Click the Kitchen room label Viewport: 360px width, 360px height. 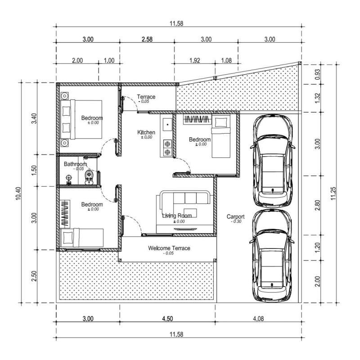click(146, 132)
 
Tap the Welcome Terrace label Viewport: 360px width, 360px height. click(169, 248)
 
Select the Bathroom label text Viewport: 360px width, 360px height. click(75, 164)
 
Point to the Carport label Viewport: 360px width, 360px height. click(235, 216)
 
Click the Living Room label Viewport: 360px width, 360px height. click(177, 216)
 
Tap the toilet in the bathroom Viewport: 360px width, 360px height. click(89, 177)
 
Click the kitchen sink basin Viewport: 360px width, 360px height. click(167, 125)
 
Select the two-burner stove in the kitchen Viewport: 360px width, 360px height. click(167, 148)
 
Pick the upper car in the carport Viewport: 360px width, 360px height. click(272, 161)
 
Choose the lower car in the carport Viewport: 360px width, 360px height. click(272, 256)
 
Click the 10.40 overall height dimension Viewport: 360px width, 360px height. click(18, 193)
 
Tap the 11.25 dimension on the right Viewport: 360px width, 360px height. click(333, 193)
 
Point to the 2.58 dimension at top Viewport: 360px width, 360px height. click(147, 39)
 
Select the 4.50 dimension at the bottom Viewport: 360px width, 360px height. click(167, 319)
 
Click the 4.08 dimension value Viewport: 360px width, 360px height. click(258, 319)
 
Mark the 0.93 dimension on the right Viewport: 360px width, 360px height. click(318, 74)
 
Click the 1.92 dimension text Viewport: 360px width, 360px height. click(195, 60)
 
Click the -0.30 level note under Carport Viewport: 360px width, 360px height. click(237, 221)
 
